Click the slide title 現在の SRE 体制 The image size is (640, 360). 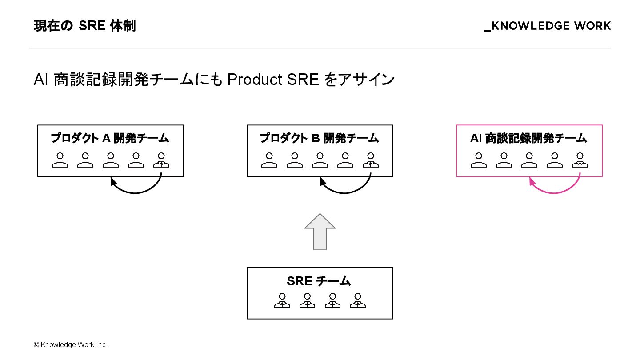[x=84, y=26]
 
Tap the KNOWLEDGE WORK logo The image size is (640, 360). [x=548, y=26]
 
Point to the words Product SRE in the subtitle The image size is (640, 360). [x=273, y=80]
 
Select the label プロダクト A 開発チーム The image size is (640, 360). [x=110, y=138]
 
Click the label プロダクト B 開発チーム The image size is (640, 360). [x=320, y=138]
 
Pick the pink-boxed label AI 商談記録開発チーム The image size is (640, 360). [x=528, y=138]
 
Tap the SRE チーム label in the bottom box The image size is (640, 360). [x=319, y=281]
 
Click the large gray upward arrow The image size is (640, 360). [x=320, y=232]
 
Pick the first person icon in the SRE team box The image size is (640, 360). [x=282, y=300]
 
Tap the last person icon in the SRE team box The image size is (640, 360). [x=358, y=300]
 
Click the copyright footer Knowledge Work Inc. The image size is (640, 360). [x=71, y=345]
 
